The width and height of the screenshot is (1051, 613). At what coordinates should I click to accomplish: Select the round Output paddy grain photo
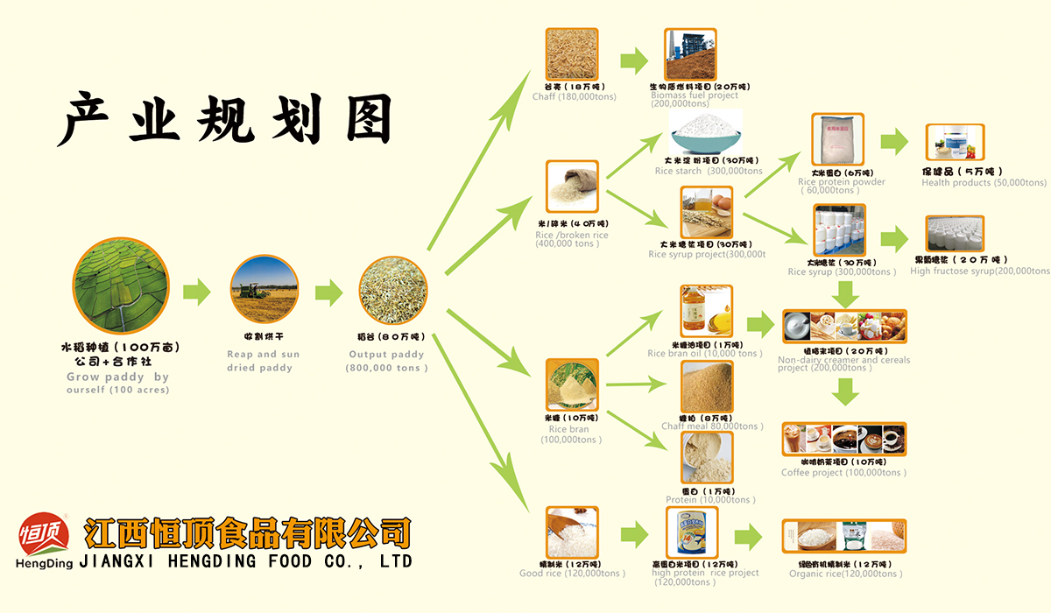(393, 292)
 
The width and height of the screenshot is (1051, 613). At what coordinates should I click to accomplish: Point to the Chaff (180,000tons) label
(574, 96)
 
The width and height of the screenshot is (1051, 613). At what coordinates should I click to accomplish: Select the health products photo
(955, 143)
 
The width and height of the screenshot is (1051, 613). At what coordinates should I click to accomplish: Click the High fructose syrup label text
(979, 271)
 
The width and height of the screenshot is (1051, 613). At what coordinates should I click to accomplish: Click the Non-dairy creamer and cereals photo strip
(843, 327)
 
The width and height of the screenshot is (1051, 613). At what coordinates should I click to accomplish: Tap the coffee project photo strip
(843, 440)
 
